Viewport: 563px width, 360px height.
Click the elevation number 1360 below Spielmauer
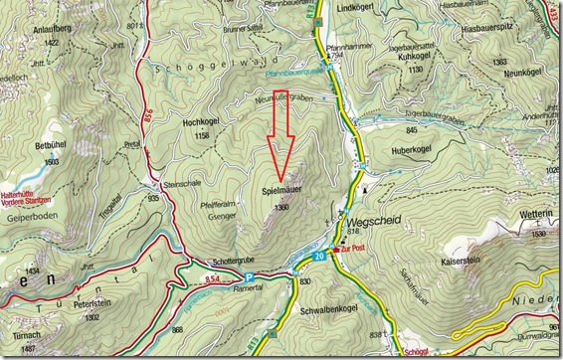(x=281, y=208)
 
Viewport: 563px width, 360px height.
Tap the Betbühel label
(x=50, y=145)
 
